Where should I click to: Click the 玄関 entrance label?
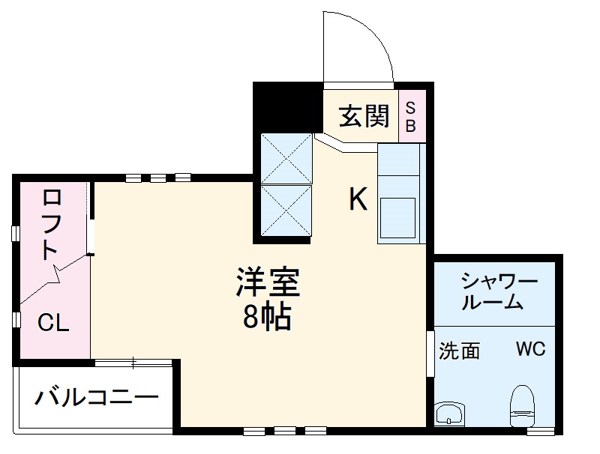click(364, 116)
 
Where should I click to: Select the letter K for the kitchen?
click(358, 199)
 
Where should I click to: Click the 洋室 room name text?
click(267, 283)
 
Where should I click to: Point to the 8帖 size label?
click(267, 319)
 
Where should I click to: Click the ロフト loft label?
click(51, 224)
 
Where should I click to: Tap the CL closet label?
click(53, 324)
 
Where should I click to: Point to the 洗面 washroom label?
click(459, 351)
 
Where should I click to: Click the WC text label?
click(529, 350)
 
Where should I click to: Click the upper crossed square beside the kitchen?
click(285, 157)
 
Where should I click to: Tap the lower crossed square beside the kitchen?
click(285, 209)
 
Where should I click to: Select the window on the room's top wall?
click(158, 178)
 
